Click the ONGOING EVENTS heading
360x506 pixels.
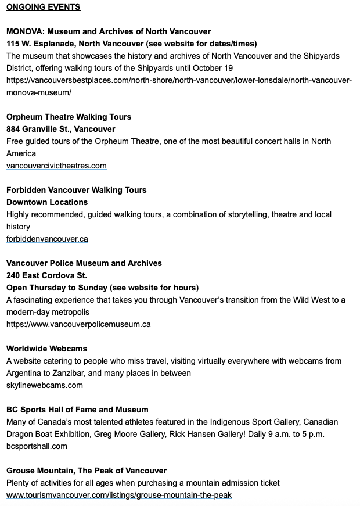click(x=44, y=7)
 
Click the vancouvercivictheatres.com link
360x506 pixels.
click(x=56, y=166)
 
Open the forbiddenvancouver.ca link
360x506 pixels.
click(x=47, y=239)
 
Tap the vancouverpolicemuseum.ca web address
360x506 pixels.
click(x=78, y=324)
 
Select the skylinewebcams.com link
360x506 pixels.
click(x=45, y=385)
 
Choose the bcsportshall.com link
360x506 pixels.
click(x=37, y=446)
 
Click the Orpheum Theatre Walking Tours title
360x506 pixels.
click(x=69, y=117)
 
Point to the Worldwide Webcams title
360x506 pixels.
click(x=46, y=349)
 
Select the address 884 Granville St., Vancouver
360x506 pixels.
click(x=61, y=129)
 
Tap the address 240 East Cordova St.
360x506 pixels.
click(x=47, y=275)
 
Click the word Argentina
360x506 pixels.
click(x=24, y=373)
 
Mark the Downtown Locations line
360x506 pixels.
click(x=47, y=202)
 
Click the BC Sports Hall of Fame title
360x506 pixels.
click(x=77, y=410)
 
